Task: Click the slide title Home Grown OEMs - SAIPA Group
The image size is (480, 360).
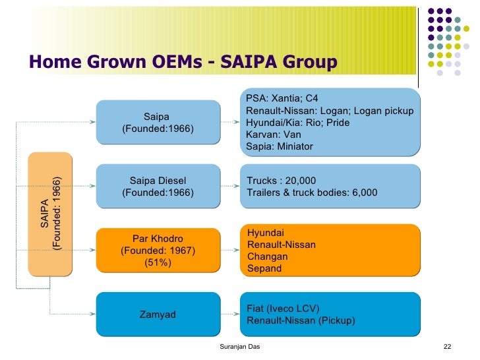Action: [183, 62]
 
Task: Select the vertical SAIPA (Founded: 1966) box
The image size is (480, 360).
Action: [50, 214]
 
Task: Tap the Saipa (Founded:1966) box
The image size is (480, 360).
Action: [158, 122]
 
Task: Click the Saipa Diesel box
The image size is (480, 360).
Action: [158, 187]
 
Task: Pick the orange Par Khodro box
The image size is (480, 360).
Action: [158, 250]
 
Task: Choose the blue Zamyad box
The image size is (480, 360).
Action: [158, 315]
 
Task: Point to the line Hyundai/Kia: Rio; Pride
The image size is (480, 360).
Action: [297, 123]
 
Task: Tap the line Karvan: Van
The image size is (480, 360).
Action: [274, 135]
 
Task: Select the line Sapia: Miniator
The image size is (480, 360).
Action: [280, 146]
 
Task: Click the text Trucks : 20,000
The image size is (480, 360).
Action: [281, 181]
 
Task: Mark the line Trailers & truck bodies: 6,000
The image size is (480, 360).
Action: [312, 193]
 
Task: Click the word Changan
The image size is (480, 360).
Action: [268, 256]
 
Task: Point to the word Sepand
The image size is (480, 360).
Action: [264, 268]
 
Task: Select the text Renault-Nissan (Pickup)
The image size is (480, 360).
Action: [300, 320]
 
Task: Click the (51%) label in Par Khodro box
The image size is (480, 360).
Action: [158, 262]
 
